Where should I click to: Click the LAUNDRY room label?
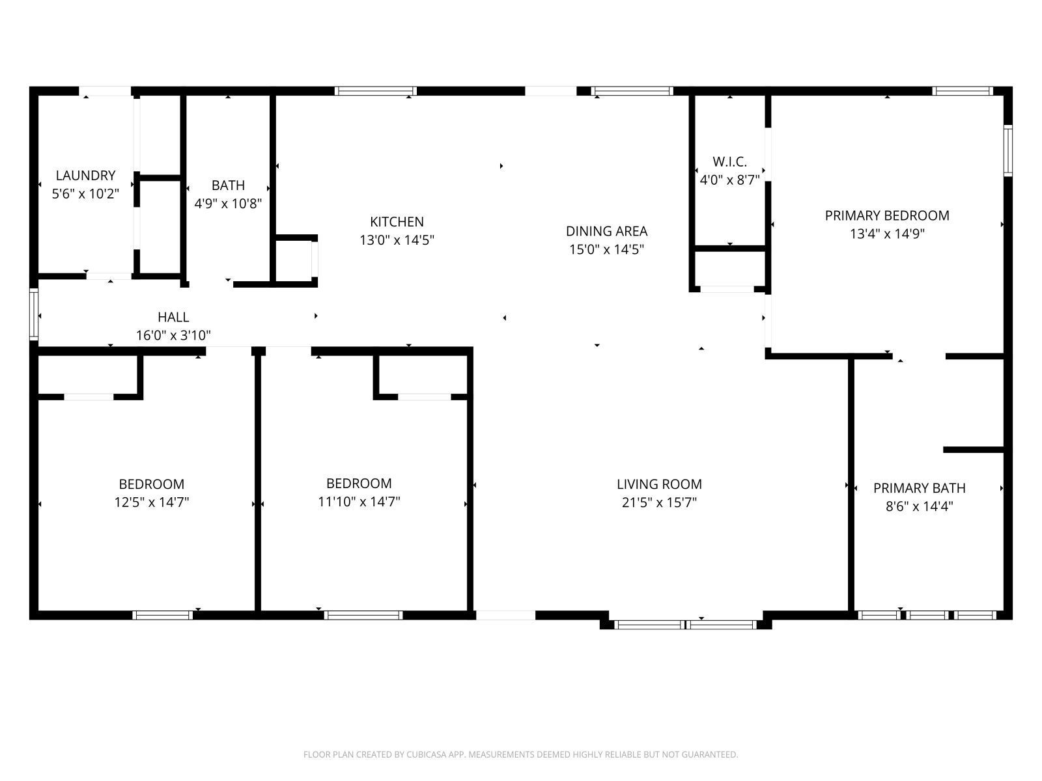(x=85, y=175)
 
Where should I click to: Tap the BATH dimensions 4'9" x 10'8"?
(x=228, y=204)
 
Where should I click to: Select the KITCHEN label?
(x=397, y=222)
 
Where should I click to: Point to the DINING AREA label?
(x=606, y=231)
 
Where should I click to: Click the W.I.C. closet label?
(x=729, y=161)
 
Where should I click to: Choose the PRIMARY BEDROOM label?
(x=887, y=215)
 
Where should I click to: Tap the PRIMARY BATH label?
(x=919, y=488)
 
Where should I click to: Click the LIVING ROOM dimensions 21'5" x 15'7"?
(x=659, y=502)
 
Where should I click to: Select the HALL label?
(x=173, y=317)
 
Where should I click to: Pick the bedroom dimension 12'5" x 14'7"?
(x=152, y=502)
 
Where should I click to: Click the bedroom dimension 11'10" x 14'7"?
(x=359, y=502)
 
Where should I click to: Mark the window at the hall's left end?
(x=34, y=315)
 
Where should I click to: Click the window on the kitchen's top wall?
(x=376, y=91)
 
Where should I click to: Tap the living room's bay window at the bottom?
(x=686, y=625)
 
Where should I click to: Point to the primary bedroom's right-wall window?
(x=1007, y=150)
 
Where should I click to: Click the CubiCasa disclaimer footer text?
(x=520, y=754)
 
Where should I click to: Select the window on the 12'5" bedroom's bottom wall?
(x=163, y=615)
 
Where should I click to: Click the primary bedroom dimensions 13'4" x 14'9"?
(x=887, y=234)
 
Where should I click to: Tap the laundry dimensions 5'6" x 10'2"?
(x=85, y=193)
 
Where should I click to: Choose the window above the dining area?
(x=632, y=91)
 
